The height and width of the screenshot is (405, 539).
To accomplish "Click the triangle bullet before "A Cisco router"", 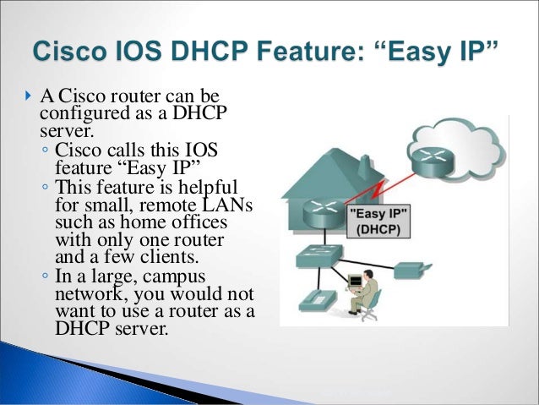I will coord(27,107).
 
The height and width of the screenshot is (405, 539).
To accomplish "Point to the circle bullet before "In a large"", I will coord(45,276).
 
